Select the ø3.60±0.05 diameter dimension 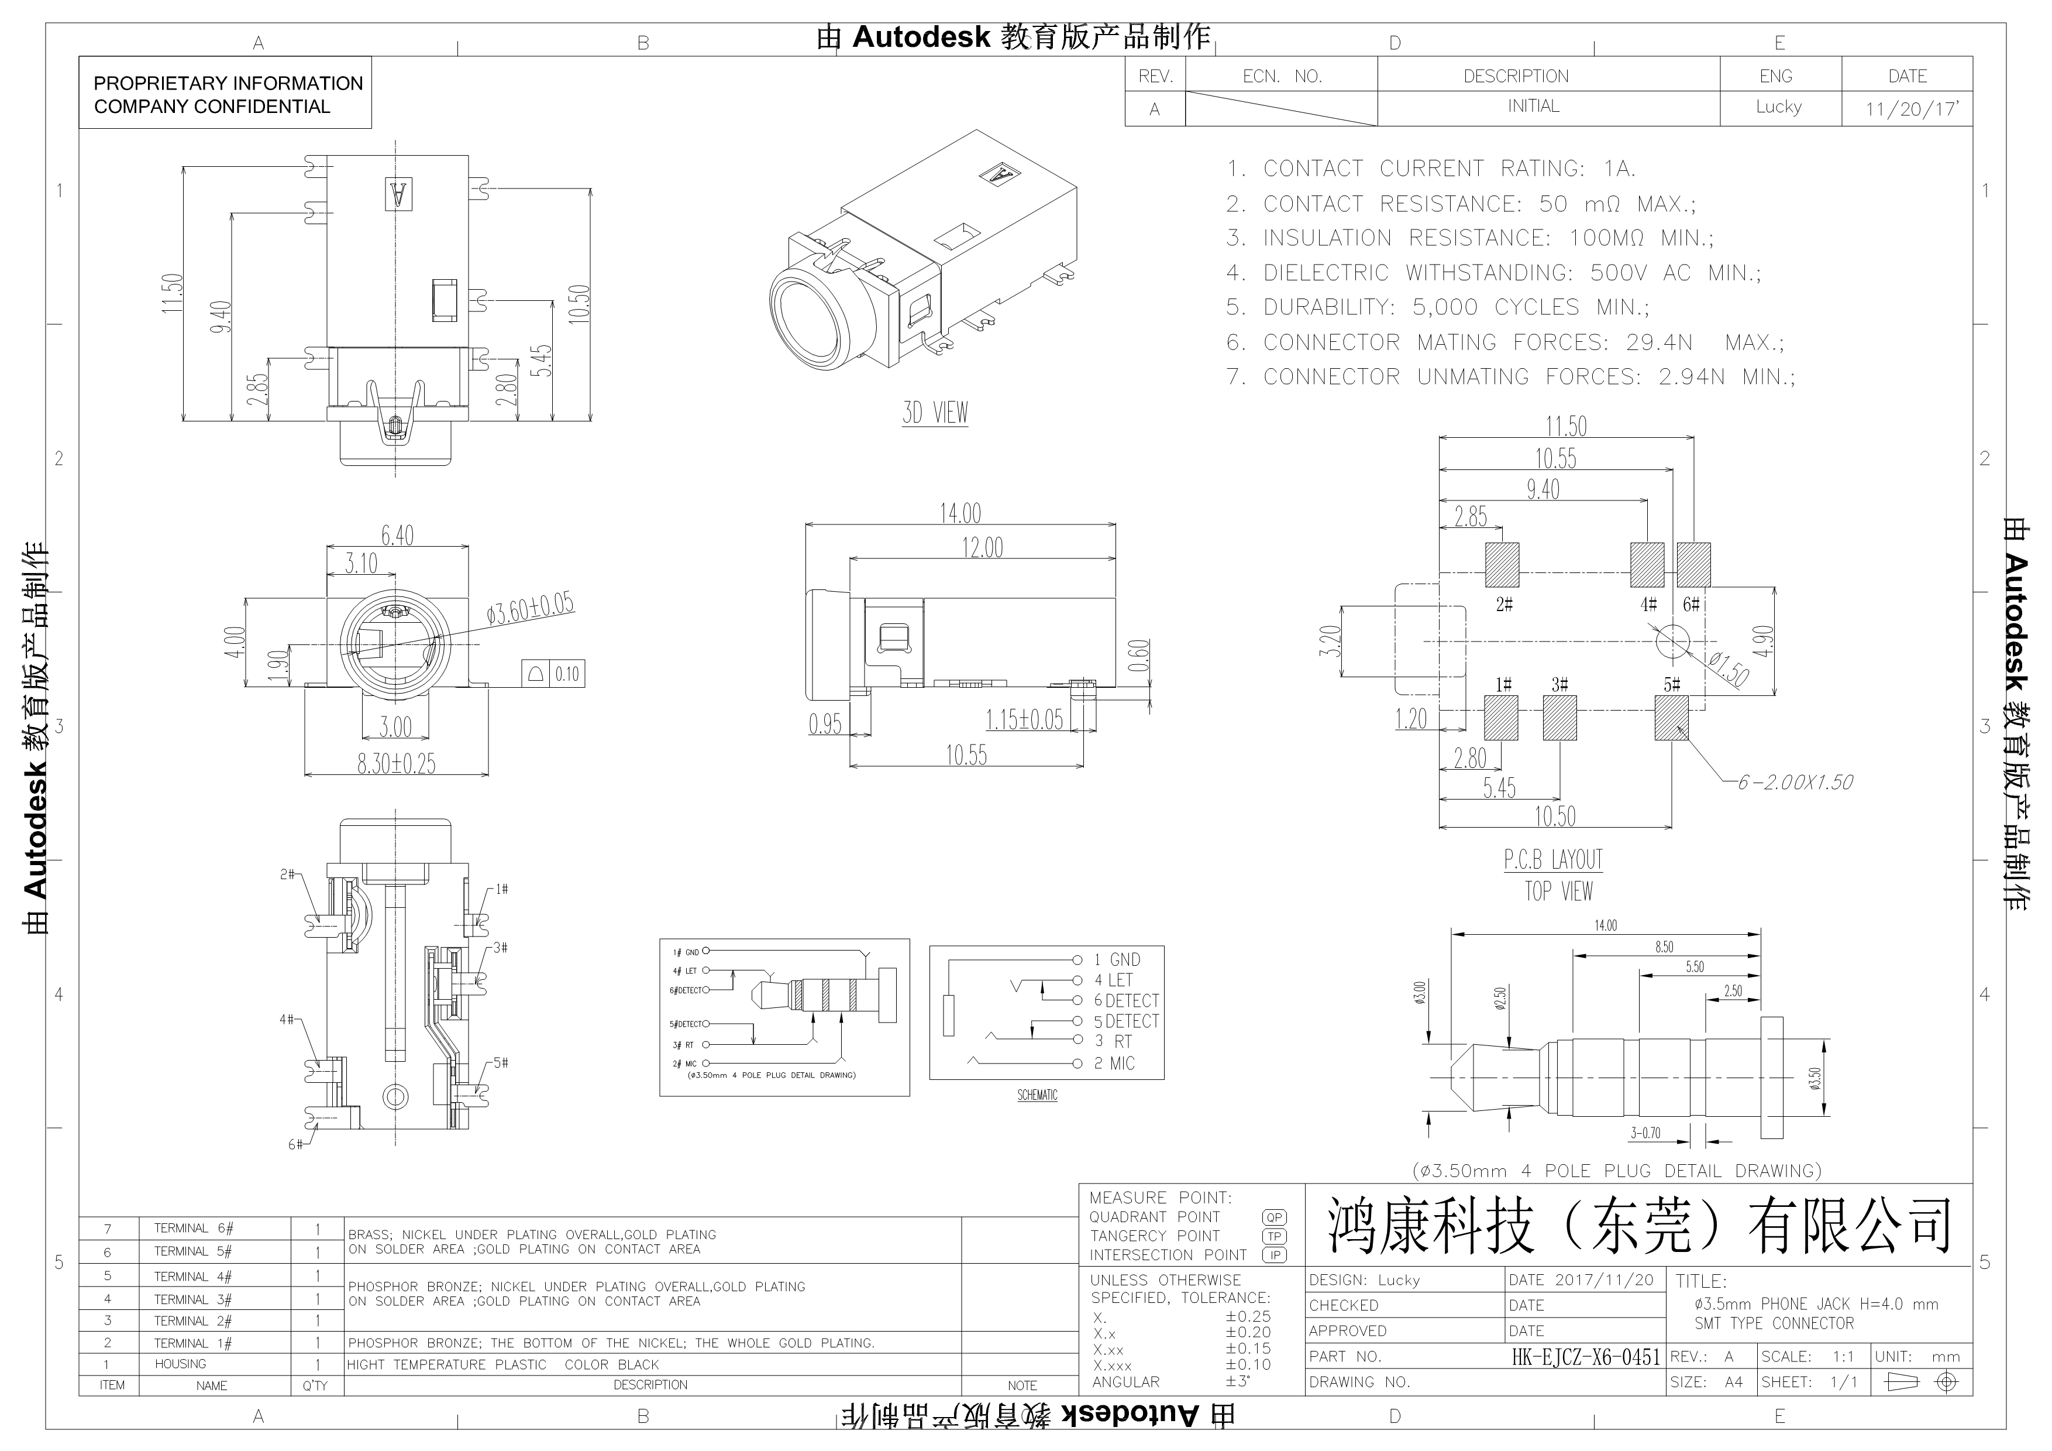pyautogui.click(x=530, y=608)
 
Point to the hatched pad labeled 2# pyautogui.click(x=1502, y=565)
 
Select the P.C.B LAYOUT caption pyautogui.click(x=1553, y=859)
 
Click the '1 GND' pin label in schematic pyautogui.click(x=1117, y=959)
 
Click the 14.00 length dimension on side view pyautogui.click(x=960, y=513)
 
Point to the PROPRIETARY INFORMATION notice pyautogui.click(x=228, y=95)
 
